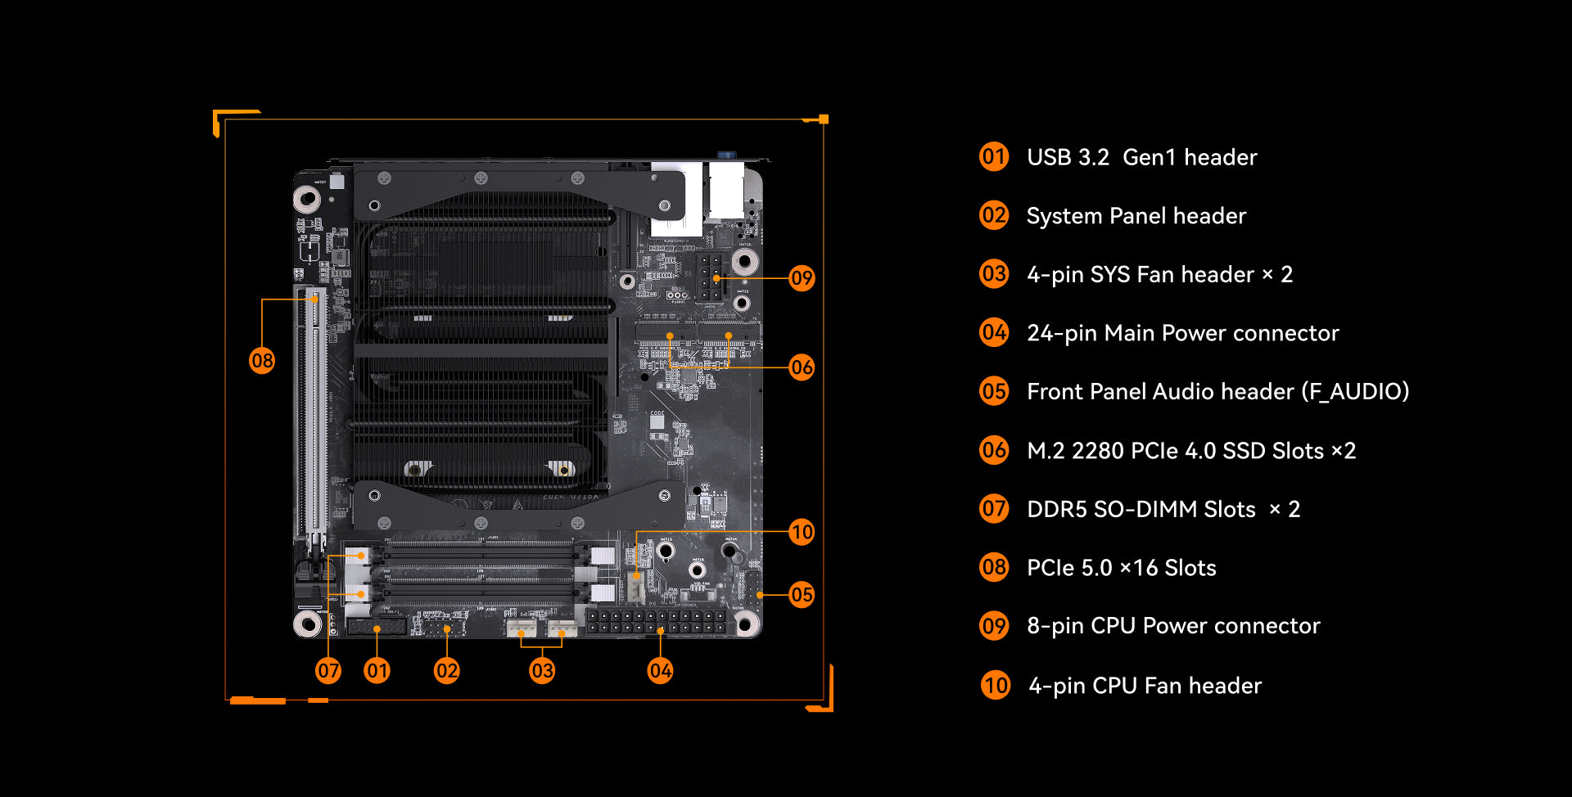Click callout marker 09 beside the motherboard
[x=802, y=278]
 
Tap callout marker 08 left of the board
[x=262, y=361]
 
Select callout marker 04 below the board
[x=661, y=671]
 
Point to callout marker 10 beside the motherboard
[x=802, y=532]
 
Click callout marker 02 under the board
[x=447, y=671]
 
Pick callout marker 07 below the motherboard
[x=328, y=671]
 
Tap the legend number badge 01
[x=994, y=156]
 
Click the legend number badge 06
[x=994, y=450]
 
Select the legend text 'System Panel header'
[x=1136, y=216]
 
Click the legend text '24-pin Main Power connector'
[x=1183, y=333]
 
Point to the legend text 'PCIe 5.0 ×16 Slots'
[x=1122, y=568]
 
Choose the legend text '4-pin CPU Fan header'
[x=1145, y=686]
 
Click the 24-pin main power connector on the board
[x=656, y=620]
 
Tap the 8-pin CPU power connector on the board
[x=710, y=277]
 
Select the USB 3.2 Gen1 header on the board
[x=377, y=628]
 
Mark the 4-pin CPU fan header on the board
[x=636, y=587]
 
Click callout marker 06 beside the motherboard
[x=802, y=367]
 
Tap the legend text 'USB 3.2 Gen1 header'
[x=1142, y=157]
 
